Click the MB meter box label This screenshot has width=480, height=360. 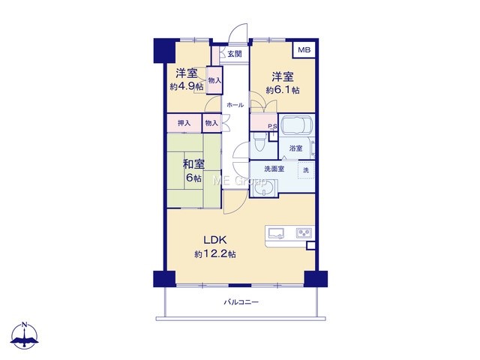[x=304, y=49]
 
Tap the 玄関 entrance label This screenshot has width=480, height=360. [x=235, y=54]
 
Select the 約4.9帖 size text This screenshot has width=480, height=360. [x=187, y=86]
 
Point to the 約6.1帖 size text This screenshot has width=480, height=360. [x=283, y=90]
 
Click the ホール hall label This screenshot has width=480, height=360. [x=235, y=105]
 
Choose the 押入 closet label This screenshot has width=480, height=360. [x=184, y=123]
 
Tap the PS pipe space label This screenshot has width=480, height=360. [x=272, y=126]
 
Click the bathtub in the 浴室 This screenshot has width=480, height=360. [x=296, y=125]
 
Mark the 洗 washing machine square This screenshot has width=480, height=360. [x=306, y=170]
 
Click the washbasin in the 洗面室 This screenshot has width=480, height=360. [x=263, y=187]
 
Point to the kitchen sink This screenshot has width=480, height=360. [x=276, y=233]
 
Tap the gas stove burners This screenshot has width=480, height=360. [x=304, y=233]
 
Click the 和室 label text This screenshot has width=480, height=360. [x=193, y=164]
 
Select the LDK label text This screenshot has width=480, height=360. [x=215, y=240]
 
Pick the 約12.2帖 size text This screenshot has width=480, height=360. [x=215, y=254]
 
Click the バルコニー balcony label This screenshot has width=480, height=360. [x=241, y=302]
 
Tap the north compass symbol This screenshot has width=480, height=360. [x=25, y=335]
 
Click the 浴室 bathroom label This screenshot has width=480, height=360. [x=296, y=148]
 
